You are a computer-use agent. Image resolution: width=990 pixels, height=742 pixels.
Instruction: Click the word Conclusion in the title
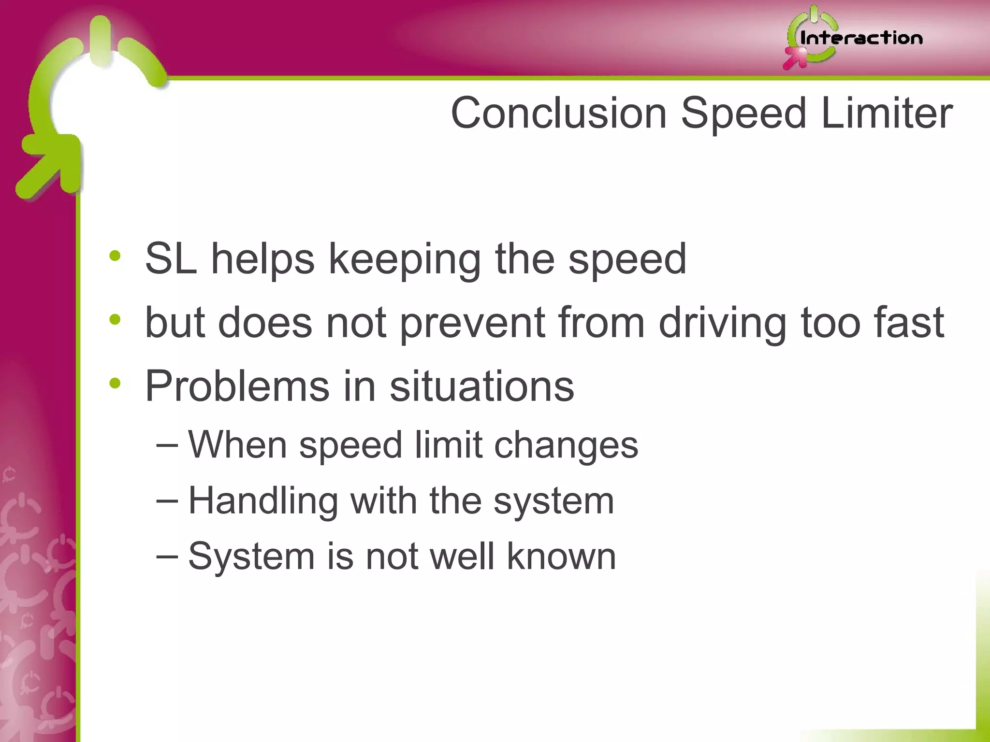[x=559, y=113]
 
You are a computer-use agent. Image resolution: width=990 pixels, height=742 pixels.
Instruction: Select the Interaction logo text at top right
[x=861, y=38]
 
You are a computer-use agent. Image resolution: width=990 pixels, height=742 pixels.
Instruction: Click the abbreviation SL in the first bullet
[x=171, y=259]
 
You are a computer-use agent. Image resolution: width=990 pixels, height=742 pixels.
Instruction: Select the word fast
[x=908, y=322]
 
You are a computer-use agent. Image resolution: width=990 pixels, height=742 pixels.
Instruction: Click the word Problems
[x=237, y=386]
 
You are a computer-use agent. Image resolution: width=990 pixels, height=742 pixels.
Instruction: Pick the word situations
[x=481, y=386]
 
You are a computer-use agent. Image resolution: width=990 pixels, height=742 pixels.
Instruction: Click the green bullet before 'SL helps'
[x=115, y=256]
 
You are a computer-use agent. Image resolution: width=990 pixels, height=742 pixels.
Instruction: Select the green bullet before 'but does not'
[x=115, y=319]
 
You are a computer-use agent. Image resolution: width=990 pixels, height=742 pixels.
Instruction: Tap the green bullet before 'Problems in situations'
[x=115, y=383]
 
